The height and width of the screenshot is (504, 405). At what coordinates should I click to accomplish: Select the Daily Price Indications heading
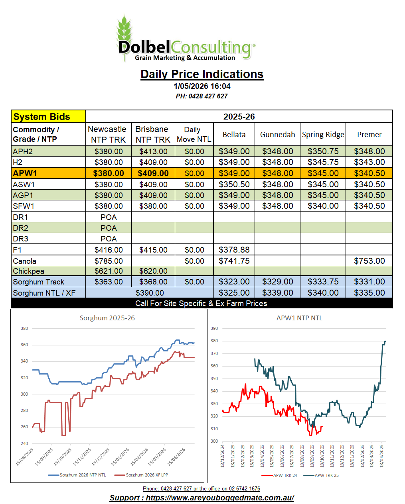[202, 74]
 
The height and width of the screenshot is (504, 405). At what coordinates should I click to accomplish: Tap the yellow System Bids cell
[48, 117]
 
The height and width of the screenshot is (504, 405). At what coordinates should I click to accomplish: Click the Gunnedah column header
[277, 134]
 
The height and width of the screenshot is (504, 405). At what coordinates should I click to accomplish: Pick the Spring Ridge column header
[323, 134]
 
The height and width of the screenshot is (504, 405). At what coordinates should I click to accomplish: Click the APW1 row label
[25, 173]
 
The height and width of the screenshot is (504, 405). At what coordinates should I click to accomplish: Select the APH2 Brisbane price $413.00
[153, 151]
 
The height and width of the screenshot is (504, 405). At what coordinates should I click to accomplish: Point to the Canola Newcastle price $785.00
[109, 261]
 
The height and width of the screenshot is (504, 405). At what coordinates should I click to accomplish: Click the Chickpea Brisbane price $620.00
[153, 271]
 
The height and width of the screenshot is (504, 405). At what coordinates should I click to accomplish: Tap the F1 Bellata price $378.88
[234, 250]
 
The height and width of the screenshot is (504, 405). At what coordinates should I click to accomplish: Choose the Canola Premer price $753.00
[369, 261]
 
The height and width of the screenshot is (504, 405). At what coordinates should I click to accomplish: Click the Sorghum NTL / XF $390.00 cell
[150, 293]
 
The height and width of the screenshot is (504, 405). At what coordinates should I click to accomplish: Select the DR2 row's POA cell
[109, 228]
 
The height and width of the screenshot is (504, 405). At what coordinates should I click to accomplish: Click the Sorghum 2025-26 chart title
[107, 318]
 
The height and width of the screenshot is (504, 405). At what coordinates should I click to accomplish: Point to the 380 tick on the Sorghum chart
[24, 328]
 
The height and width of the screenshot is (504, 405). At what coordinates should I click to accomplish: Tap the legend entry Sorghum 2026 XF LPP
[141, 475]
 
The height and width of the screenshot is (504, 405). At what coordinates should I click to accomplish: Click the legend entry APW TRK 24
[279, 475]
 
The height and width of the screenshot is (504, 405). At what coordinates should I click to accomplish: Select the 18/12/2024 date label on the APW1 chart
[222, 456]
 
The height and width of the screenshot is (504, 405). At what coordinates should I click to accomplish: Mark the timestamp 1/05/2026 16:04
[202, 86]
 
